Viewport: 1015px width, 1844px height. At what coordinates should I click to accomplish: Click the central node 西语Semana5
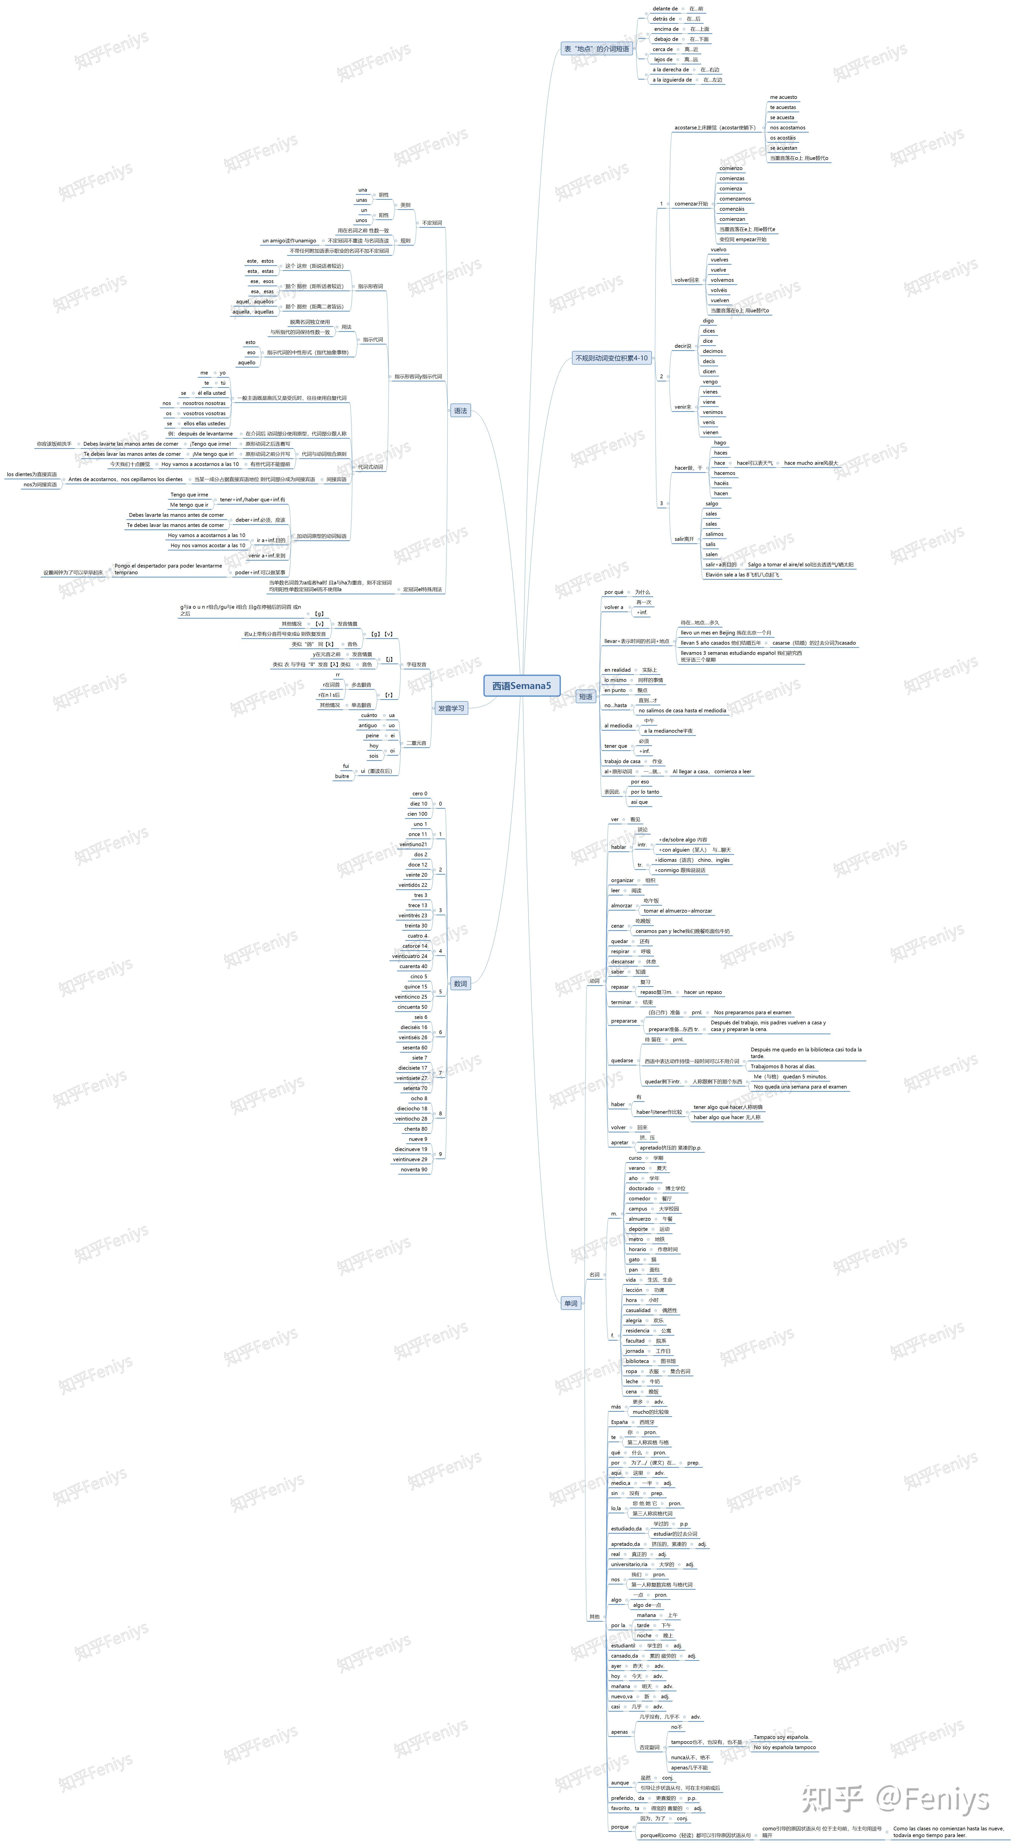[x=521, y=686]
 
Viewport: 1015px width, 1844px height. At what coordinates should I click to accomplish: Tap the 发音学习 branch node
[x=451, y=708]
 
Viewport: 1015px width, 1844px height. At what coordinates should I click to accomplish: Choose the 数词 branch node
[x=460, y=983]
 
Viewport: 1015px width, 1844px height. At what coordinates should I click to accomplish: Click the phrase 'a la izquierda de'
[x=672, y=80]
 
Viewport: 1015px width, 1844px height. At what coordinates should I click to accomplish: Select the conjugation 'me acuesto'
[x=783, y=97]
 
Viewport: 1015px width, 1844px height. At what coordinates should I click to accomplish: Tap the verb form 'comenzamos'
[x=735, y=199]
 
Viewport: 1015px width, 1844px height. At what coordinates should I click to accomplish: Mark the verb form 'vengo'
[x=710, y=381]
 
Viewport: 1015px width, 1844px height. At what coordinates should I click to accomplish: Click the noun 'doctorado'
[x=641, y=1188]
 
